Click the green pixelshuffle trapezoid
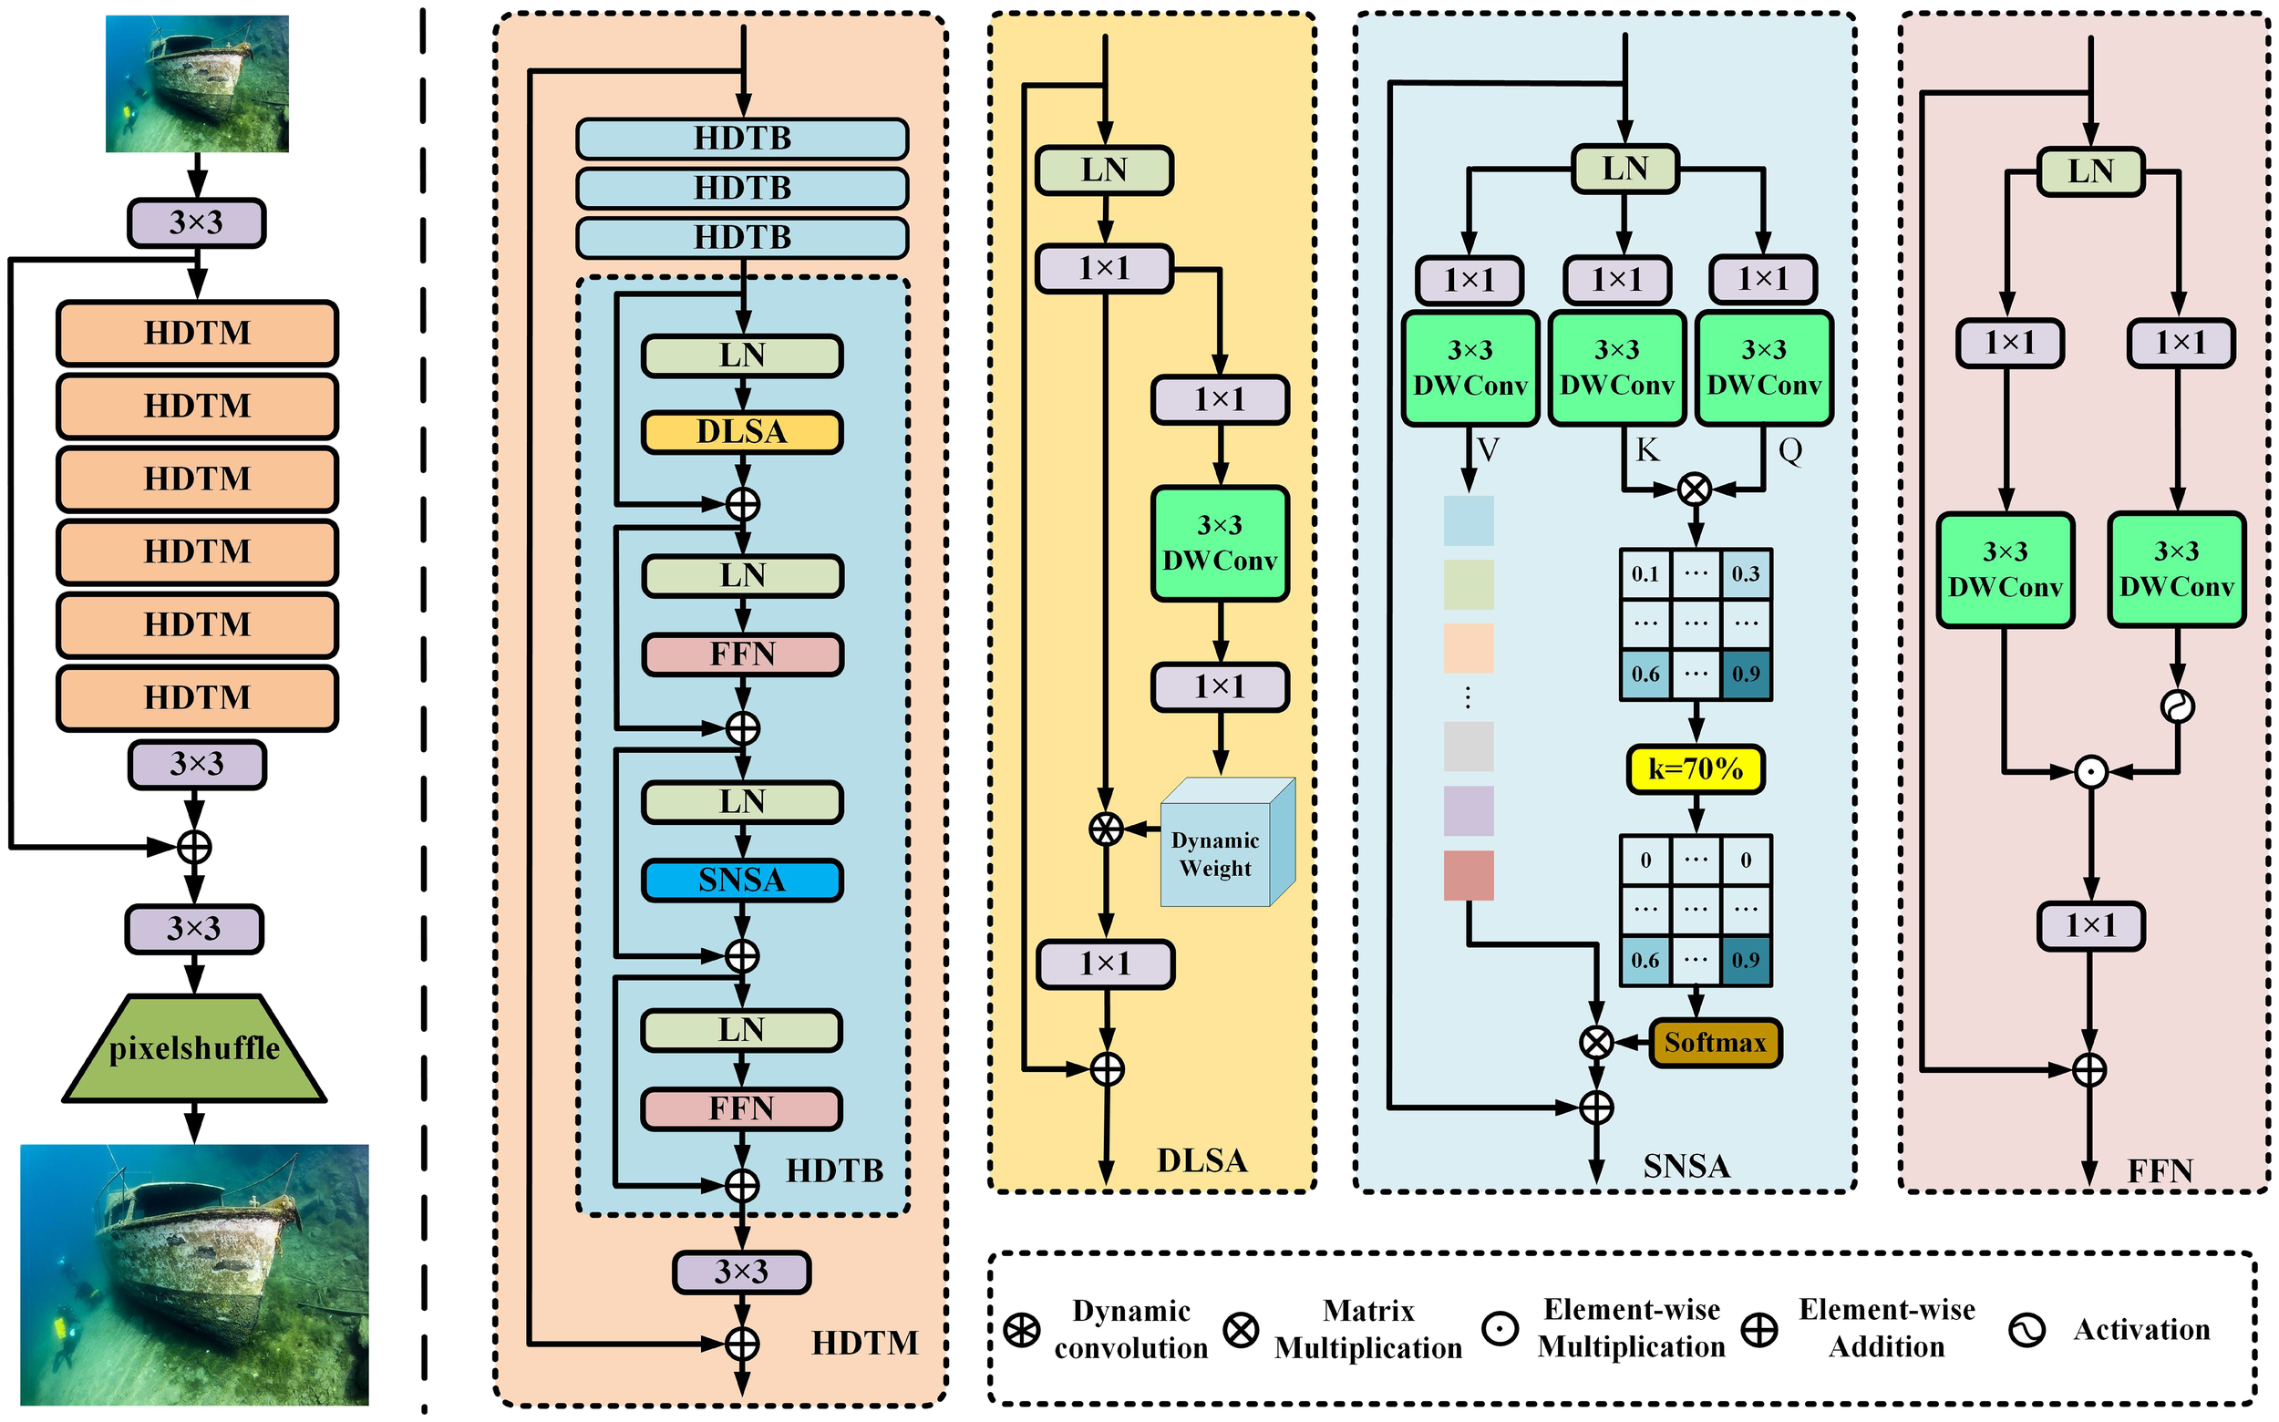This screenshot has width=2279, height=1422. point(194,1048)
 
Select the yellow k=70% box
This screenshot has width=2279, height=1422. point(1694,769)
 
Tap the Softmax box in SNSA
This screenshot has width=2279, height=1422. point(1714,1042)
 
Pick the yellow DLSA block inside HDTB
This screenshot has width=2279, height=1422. point(741,432)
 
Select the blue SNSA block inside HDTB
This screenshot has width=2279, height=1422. point(741,881)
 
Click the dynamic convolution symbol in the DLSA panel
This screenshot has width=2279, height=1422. point(1105,829)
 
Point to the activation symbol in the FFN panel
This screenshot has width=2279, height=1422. point(2177,706)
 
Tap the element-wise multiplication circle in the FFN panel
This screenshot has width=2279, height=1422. point(2089,772)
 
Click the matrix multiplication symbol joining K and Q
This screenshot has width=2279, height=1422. point(1694,488)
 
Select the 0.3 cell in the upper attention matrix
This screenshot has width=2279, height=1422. point(1745,573)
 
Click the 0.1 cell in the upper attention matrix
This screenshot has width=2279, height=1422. point(1645,573)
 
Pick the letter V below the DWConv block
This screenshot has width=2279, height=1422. point(1487,449)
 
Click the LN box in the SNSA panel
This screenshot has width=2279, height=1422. point(1624,170)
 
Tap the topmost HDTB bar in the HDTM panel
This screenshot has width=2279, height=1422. point(741,139)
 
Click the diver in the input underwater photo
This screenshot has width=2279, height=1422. point(129,117)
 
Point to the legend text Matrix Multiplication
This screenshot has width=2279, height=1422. point(1367,1329)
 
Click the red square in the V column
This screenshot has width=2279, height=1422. point(1468,876)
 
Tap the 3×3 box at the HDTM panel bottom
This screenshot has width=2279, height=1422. point(741,1272)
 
